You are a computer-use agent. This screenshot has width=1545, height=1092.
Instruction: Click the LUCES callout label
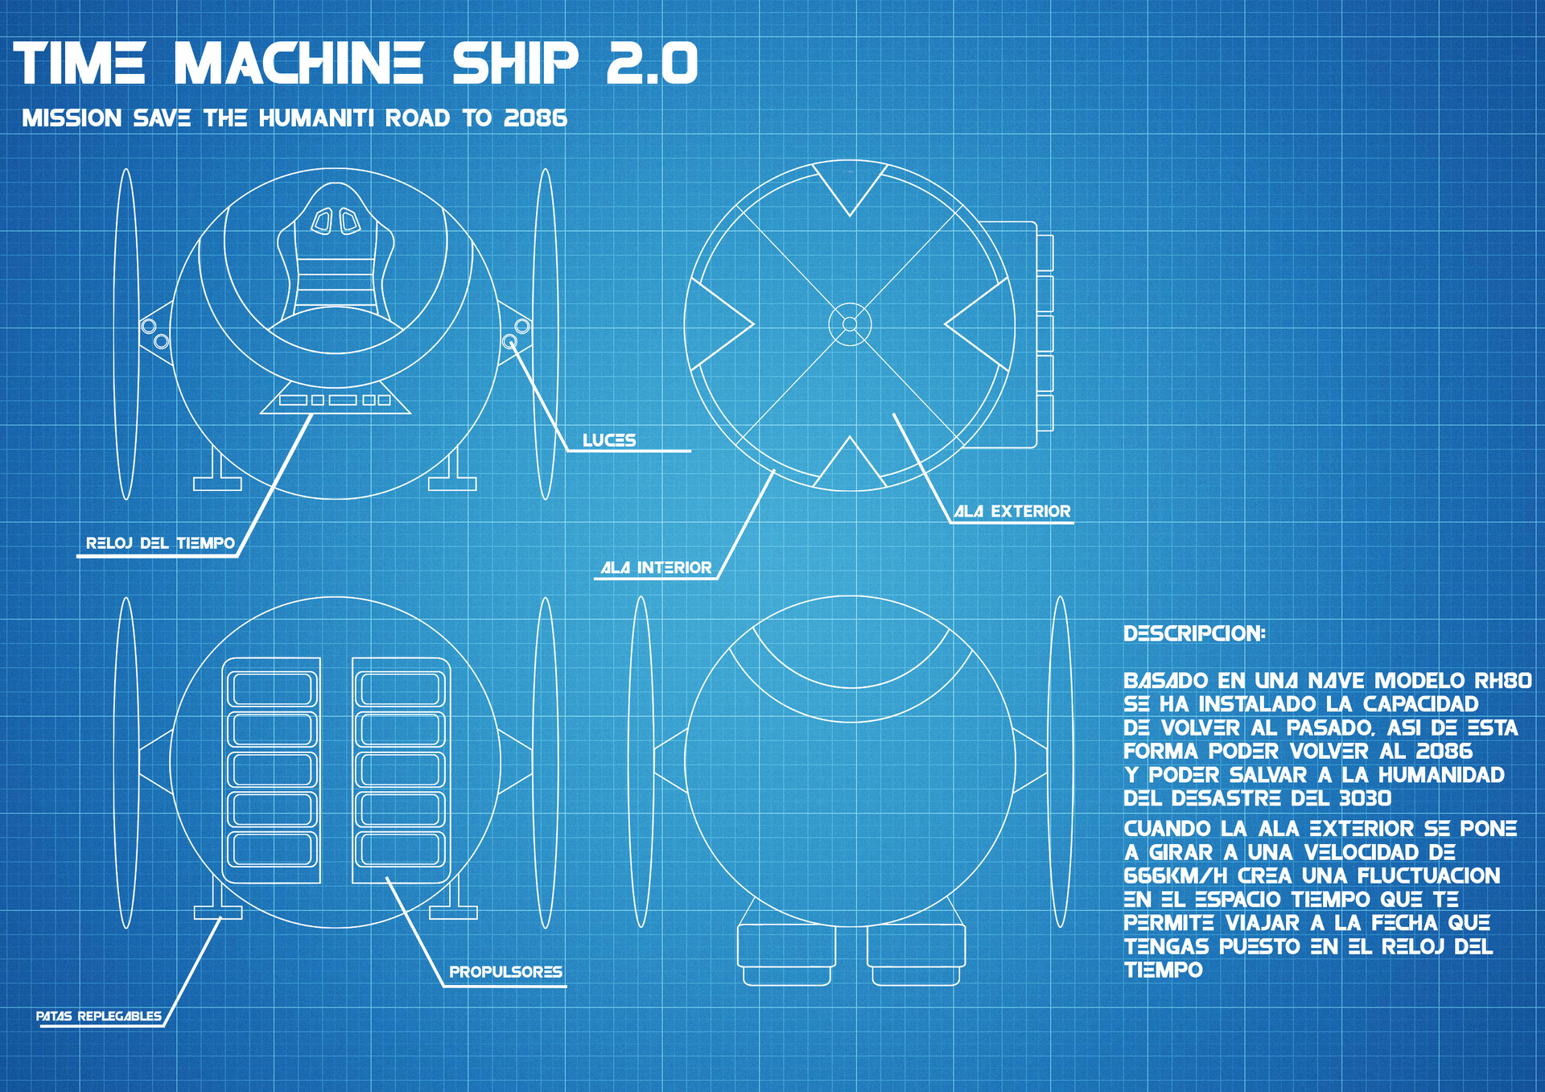(x=609, y=440)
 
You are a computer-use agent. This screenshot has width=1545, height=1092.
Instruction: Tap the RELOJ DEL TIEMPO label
(x=160, y=543)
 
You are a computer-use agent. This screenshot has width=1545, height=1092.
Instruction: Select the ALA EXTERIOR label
(x=1012, y=511)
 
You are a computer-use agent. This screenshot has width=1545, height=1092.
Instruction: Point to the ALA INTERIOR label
(x=657, y=567)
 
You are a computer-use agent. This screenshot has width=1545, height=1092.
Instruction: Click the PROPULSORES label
(x=505, y=972)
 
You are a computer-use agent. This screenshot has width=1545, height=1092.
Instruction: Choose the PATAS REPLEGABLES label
(x=99, y=1016)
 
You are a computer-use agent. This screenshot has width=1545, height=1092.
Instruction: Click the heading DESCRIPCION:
(x=1194, y=633)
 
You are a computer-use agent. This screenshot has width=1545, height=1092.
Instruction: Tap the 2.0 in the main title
(x=652, y=64)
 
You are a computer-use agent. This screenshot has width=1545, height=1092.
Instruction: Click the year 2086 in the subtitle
(x=535, y=118)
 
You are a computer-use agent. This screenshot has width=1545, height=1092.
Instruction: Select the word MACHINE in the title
(x=299, y=64)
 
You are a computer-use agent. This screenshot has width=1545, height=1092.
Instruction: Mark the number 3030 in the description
(x=1365, y=798)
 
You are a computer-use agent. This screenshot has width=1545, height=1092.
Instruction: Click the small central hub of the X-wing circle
(x=850, y=324)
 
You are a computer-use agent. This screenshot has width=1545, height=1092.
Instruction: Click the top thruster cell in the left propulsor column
(x=272, y=689)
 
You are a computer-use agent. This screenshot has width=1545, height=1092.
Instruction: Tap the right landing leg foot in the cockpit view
(x=452, y=484)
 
